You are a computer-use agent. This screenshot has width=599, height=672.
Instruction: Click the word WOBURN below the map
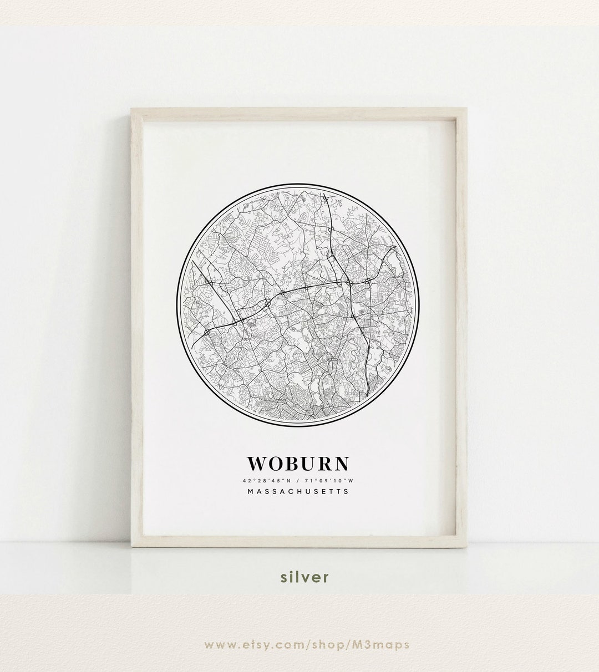pyautogui.click(x=299, y=462)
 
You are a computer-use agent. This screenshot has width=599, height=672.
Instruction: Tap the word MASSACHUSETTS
pyautogui.click(x=299, y=491)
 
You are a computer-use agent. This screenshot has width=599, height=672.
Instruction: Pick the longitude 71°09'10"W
pyautogui.click(x=331, y=478)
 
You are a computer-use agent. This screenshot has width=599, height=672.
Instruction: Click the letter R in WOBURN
pyautogui.click(x=326, y=462)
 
